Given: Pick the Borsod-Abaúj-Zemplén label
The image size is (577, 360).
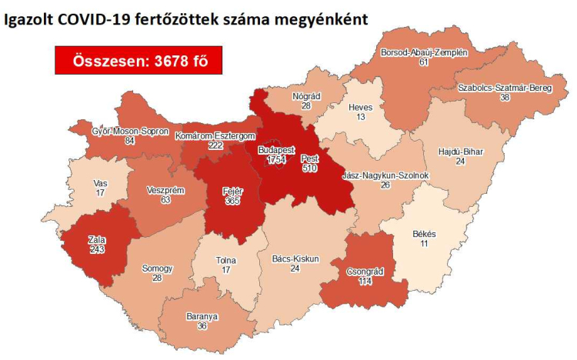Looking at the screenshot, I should click(x=423, y=52).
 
